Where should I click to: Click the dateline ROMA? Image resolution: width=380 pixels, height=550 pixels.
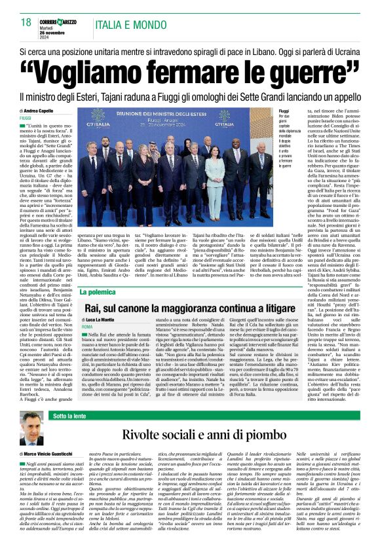click(87, 326)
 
